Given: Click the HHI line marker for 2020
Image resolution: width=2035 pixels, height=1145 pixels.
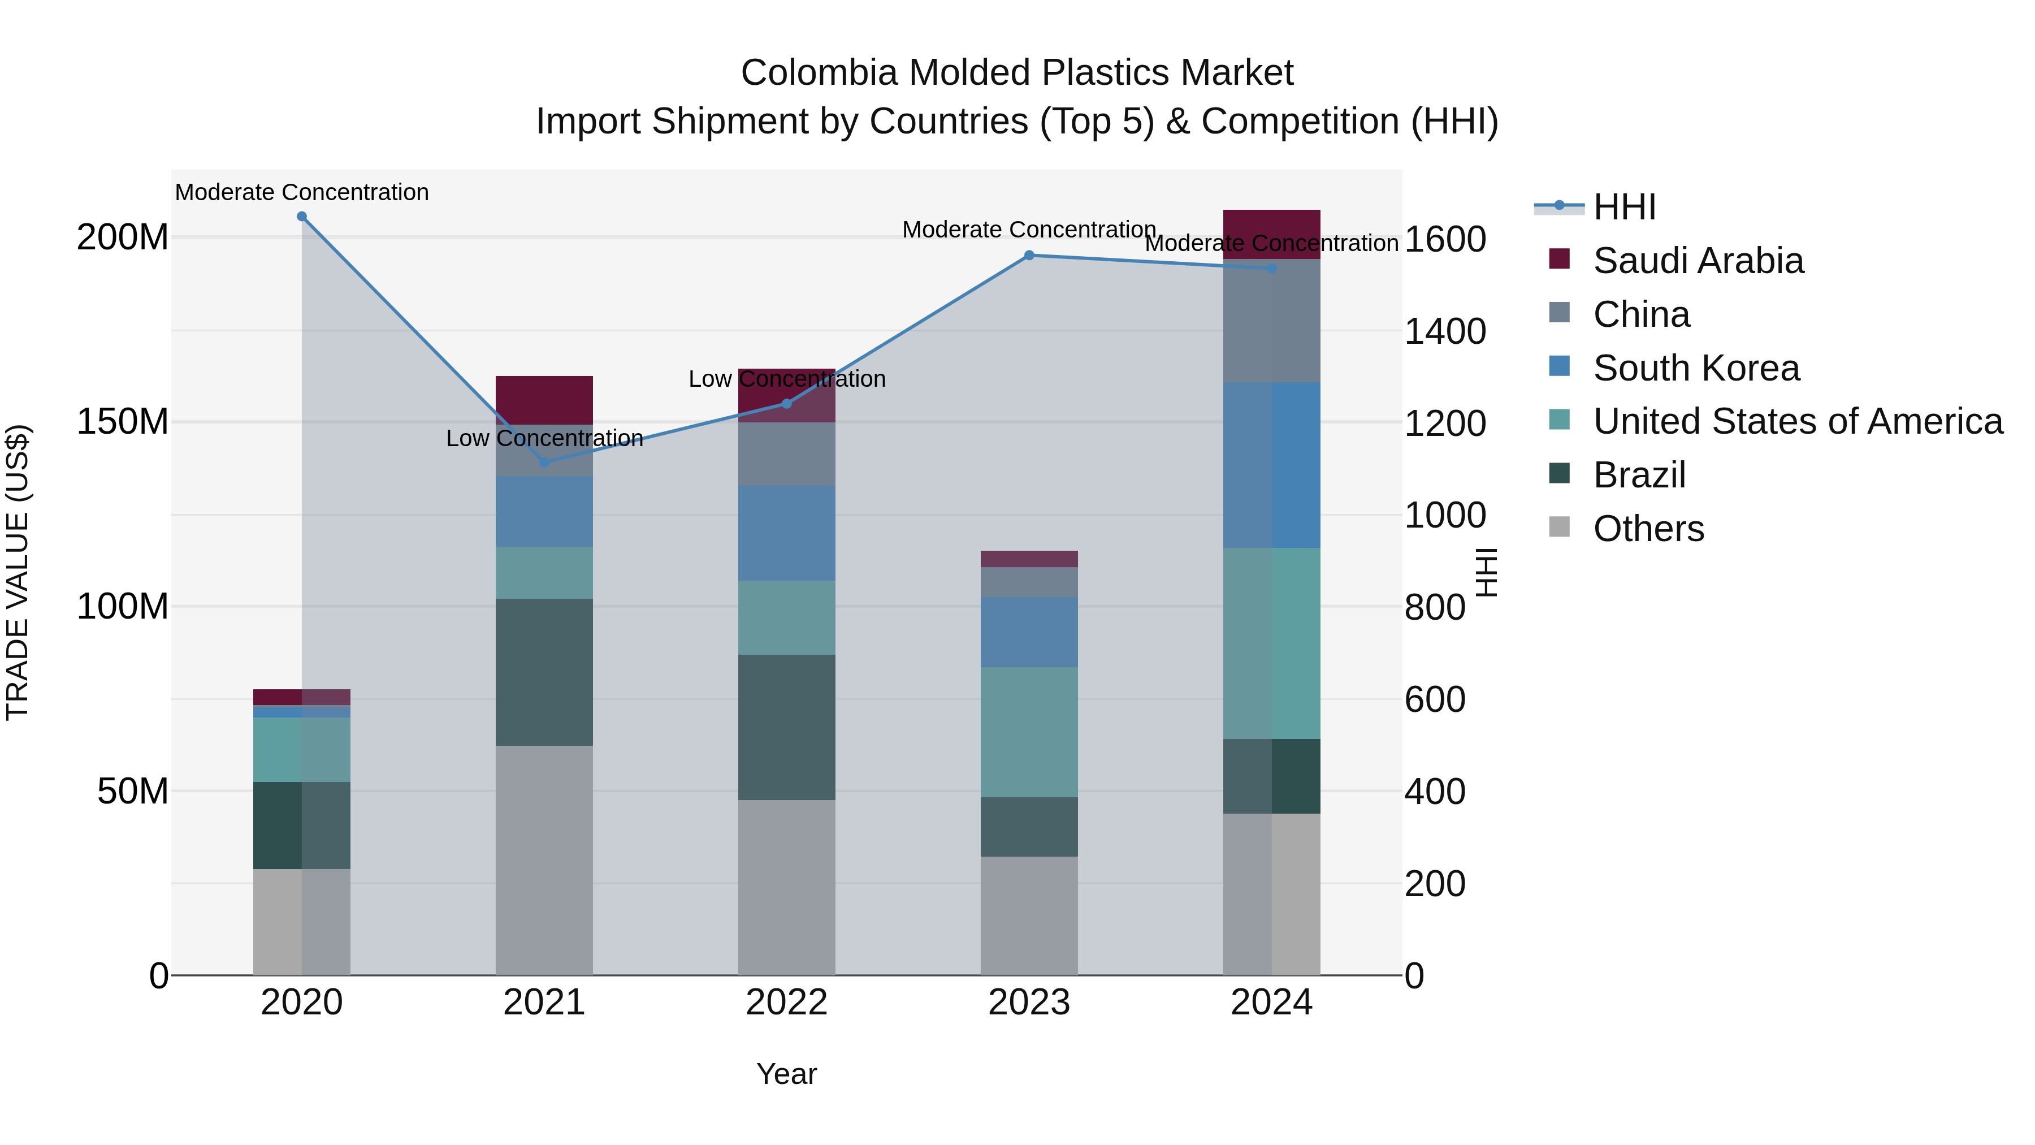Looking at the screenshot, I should coord(302,217).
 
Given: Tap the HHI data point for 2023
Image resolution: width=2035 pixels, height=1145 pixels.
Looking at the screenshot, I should coord(1029,255).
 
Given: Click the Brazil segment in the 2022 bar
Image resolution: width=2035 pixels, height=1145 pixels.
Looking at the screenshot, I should coord(786,727).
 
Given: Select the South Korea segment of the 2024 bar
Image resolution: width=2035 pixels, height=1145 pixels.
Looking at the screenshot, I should coord(1271,465).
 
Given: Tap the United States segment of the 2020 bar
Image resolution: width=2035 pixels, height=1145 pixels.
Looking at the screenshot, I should coord(302,749).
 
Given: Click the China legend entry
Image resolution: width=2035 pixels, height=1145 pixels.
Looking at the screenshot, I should coord(1641,314).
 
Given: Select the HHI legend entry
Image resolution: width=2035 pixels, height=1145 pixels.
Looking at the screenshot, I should coord(1624,207).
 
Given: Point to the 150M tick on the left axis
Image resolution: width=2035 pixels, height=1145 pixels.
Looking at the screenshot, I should coord(123,422).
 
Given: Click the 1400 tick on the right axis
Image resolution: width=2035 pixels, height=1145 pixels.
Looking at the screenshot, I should coord(1444,331).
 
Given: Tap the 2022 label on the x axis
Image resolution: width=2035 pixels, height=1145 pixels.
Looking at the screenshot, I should coord(786,1003).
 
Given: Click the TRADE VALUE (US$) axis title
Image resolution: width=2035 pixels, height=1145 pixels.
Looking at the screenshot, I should coord(18,572).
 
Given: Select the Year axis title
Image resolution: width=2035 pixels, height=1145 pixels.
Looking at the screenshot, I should coord(786,1074).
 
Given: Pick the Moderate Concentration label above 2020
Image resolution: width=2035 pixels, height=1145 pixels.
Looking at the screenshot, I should coord(302,192).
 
